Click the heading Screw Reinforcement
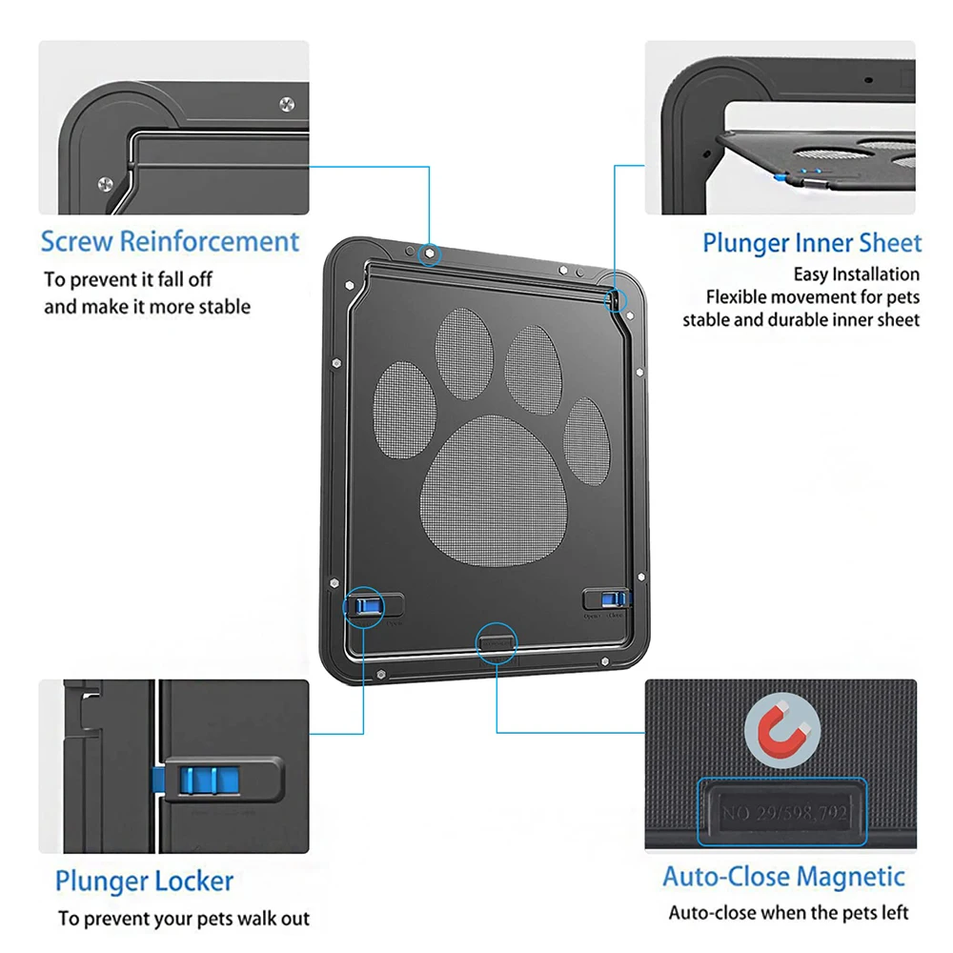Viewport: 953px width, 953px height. (x=170, y=241)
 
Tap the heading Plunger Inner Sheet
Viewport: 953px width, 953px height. (x=812, y=243)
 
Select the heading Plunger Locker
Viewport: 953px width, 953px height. (x=144, y=881)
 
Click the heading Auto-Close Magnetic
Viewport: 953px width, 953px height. (x=783, y=877)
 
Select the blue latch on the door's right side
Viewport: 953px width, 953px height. (x=614, y=598)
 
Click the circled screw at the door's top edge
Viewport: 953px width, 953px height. (x=430, y=253)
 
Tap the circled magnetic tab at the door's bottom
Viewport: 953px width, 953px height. (x=496, y=641)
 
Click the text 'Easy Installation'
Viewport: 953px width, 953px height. (x=857, y=274)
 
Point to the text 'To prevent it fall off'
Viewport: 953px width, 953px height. (x=128, y=279)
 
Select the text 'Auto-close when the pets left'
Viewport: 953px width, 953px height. (x=788, y=913)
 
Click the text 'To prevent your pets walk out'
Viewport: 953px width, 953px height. (x=183, y=919)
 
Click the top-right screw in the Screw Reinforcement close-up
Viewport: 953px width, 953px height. (x=287, y=104)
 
